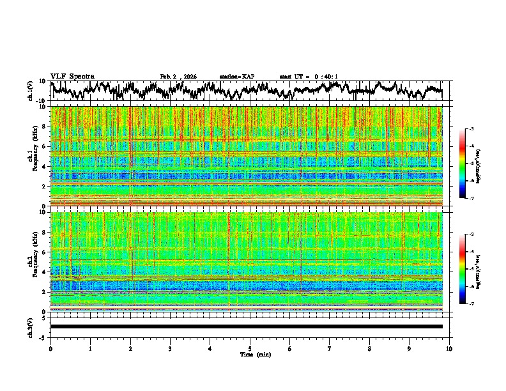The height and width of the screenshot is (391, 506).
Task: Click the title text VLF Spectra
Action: [72, 76]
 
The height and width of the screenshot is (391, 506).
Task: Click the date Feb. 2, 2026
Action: [178, 77]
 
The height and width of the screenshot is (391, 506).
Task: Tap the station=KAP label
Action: [236, 77]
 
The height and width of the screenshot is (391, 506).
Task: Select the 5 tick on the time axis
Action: [250, 348]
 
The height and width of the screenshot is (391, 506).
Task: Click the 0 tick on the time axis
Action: [50, 348]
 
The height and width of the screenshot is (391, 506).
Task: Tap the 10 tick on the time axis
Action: [449, 348]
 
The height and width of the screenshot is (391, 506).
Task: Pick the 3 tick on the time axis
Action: [170, 348]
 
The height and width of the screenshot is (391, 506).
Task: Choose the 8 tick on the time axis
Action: [369, 348]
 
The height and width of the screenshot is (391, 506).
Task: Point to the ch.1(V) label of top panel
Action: [31, 91]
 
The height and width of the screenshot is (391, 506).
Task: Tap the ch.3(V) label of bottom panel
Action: [31, 326]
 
